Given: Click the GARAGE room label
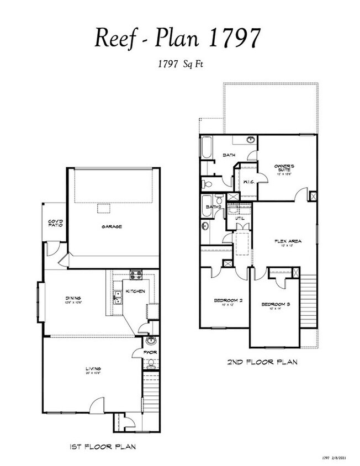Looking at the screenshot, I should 111,226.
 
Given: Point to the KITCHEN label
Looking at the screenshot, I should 135,291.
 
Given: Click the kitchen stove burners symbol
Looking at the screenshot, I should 136,275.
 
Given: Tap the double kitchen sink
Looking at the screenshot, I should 118,299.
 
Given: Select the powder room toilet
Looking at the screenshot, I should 151,363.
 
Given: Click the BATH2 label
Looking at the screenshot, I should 213,207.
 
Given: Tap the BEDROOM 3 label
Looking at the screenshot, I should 276,305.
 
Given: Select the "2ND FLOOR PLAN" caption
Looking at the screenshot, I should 263,363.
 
